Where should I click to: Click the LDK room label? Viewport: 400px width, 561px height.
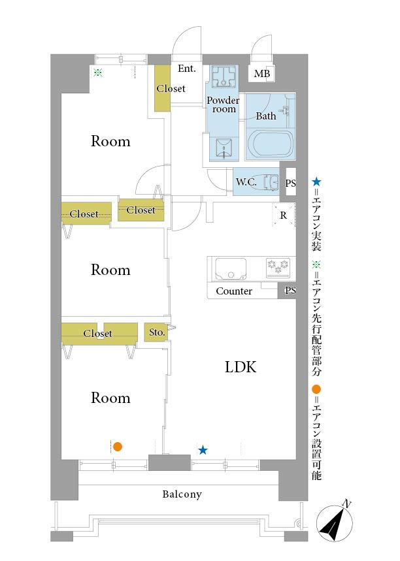[241, 367]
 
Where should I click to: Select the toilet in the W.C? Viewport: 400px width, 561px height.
[271, 182]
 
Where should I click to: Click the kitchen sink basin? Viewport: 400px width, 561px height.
[230, 269]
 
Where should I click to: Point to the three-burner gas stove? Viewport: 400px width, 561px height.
[278, 268]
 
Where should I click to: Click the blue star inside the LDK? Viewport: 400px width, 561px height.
[203, 450]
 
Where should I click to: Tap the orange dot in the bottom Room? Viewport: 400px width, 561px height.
[118, 447]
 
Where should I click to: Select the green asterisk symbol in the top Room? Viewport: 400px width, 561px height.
[98, 72]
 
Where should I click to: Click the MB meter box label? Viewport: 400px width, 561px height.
[262, 74]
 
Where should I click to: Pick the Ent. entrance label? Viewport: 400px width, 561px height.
[186, 69]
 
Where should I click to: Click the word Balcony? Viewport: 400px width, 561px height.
[182, 494]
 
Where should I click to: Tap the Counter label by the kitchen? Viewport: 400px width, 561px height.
[234, 291]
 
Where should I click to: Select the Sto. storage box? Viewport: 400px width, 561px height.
[156, 332]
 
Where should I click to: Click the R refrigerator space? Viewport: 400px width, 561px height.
[284, 216]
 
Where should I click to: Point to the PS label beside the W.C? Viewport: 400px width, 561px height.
[290, 183]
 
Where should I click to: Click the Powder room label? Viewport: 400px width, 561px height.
[223, 104]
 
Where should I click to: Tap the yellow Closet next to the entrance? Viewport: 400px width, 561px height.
[162, 88]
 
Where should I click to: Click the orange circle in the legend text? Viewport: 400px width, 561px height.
[316, 389]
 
